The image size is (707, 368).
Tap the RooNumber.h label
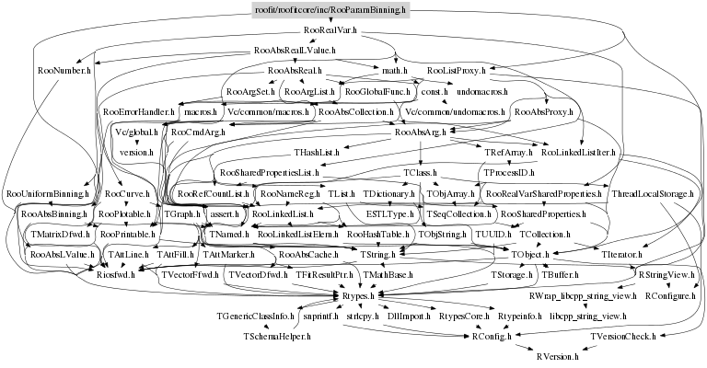tap(64, 70)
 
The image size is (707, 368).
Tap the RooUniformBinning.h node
tap(47, 194)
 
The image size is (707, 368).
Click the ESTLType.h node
tap(390, 213)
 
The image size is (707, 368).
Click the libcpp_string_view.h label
tap(588, 316)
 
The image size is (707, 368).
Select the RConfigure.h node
tap(669, 295)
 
